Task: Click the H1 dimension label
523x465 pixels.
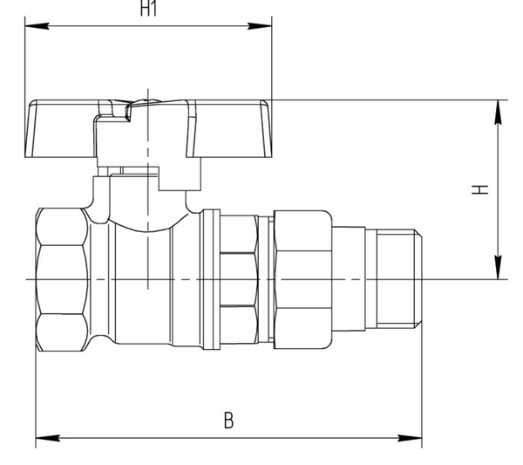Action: (x=148, y=8)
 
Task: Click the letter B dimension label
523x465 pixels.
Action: (x=228, y=420)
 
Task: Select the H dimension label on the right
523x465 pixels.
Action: (x=479, y=189)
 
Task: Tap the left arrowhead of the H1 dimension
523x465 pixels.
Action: (x=37, y=26)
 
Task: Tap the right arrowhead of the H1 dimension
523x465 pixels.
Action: (x=260, y=26)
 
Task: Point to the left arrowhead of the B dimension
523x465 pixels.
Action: (x=48, y=438)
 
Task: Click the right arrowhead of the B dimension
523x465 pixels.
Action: (x=410, y=438)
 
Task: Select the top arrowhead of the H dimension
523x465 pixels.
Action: (x=498, y=113)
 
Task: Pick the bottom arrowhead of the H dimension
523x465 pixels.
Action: (x=498, y=267)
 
